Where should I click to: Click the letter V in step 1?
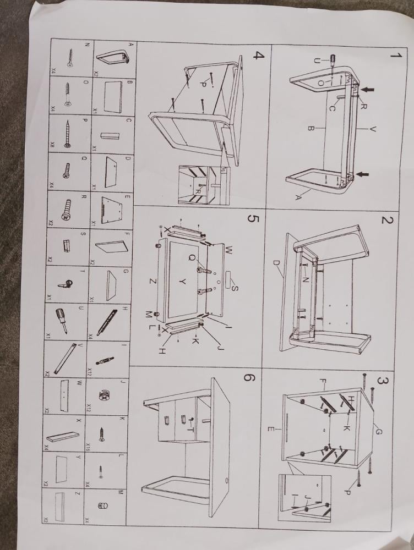click(373, 129)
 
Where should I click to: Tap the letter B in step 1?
click(311, 129)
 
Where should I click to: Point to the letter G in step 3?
click(378, 432)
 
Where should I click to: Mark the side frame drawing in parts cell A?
click(115, 57)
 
